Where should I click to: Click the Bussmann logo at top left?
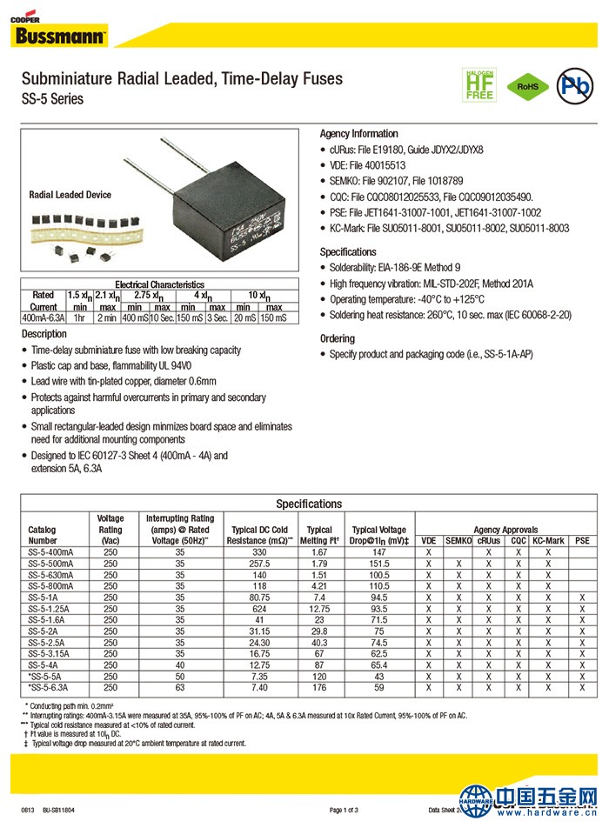click(x=59, y=35)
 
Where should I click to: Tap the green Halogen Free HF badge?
click(x=479, y=84)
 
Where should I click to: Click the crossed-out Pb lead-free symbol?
click(x=574, y=85)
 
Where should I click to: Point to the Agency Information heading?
click(x=358, y=134)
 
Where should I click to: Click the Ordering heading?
click(x=338, y=338)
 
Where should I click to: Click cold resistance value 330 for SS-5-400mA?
click(x=259, y=552)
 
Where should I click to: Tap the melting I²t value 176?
click(x=319, y=687)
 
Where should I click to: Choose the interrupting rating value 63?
click(x=179, y=687)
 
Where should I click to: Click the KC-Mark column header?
click(x=548, y=540)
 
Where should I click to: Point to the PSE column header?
click(x=582, y=540)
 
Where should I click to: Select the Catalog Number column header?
click(x=43, y=534)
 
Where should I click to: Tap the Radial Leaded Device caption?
click(x=70, y=195)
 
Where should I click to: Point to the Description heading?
click(x=43, y=334)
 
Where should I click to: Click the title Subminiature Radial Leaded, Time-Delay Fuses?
click(x=182, y=79)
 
